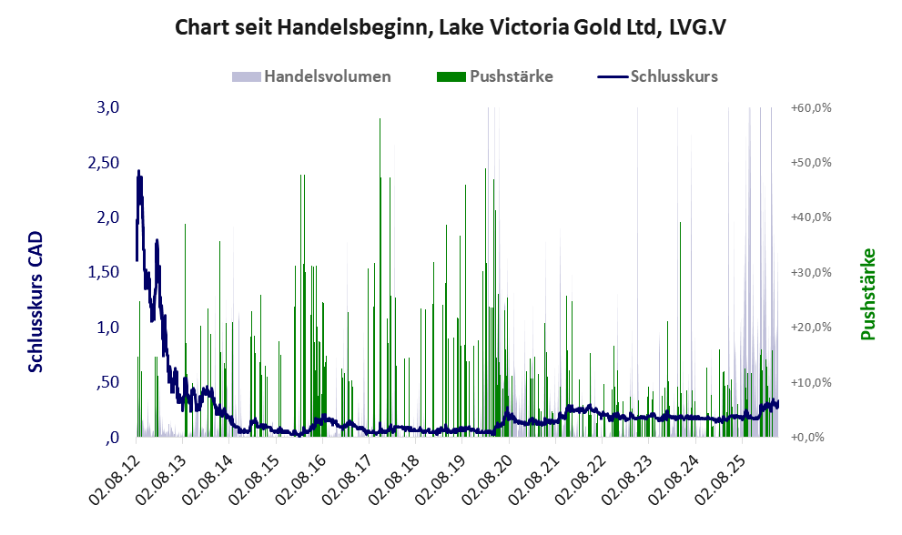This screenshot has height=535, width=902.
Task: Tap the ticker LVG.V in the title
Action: tap(698, 27)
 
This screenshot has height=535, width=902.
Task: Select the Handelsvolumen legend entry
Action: tap(311, 76)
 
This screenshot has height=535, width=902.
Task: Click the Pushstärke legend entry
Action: tap(495, 76)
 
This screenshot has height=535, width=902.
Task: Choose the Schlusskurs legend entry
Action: tap(657, 76)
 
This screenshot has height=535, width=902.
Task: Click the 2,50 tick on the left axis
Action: tap(104, 162)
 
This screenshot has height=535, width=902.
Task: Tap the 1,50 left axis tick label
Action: tap(104, 272)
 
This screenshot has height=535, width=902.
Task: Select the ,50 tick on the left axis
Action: tap(108, 382)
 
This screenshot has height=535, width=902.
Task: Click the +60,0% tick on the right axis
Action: tap(812, 107)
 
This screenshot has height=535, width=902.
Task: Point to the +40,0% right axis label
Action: tap(812, 217)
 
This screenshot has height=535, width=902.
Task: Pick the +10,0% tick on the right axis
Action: tap(812, 382)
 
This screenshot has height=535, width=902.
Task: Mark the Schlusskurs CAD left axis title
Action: tap(35, 301)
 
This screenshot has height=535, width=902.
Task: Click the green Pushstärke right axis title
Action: tap(868, 294)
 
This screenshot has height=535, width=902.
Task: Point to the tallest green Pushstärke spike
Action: tap(380, 119)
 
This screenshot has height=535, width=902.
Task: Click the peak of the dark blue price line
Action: tap(138, 171)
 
